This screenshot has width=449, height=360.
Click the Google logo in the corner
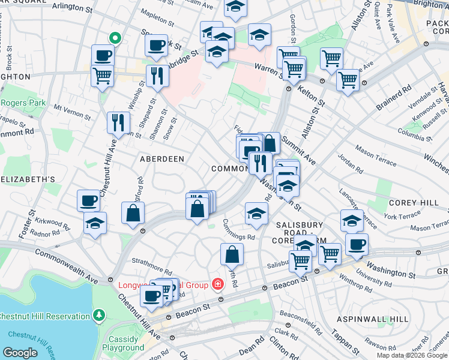(20, 353)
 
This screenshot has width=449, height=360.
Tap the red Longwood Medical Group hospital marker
(221, 299)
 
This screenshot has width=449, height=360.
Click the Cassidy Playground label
(123, 343)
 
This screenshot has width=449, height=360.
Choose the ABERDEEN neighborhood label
(161, 158)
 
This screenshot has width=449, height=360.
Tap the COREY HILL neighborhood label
(414, 203)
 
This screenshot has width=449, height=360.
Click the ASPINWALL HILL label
(372, 319)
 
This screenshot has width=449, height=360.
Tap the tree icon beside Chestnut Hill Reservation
(98, 315)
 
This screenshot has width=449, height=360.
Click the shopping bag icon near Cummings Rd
(232, 254)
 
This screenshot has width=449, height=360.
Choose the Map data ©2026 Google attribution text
(411, 355)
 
